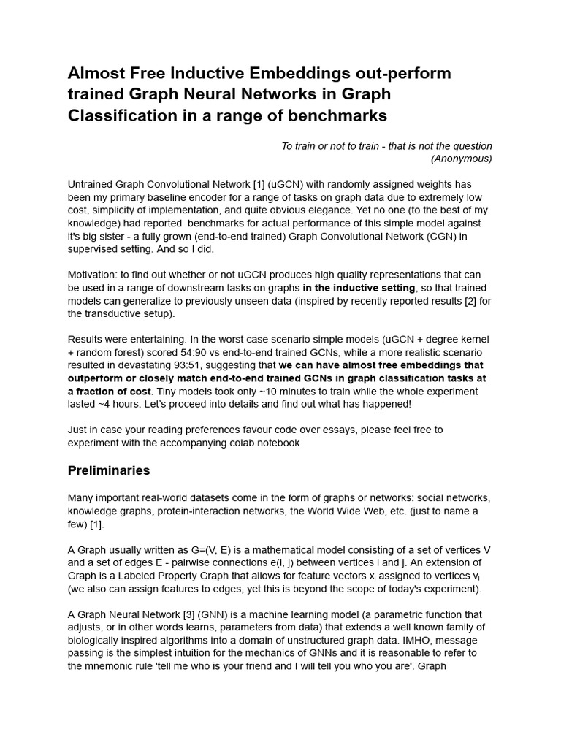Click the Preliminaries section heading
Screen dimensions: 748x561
point(109,470)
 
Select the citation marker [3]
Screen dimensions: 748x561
point(213,615)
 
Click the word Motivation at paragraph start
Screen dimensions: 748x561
point(91,275)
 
